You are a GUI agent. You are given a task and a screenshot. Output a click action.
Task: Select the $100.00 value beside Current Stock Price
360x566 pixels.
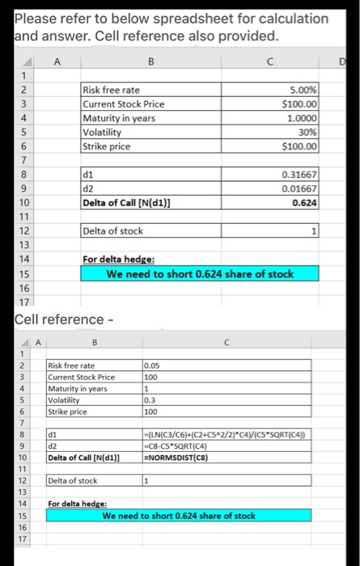coord(299,105)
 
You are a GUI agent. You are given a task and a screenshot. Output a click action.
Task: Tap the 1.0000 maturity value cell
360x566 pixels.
coord(301,118)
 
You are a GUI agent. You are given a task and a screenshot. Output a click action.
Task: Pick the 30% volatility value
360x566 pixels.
coord(307,133)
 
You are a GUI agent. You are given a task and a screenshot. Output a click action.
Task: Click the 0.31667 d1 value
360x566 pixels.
coord(299,175)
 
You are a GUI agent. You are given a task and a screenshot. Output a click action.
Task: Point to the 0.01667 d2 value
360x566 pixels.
coord(299,188)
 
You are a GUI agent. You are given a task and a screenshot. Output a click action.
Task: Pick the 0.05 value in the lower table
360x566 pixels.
coord(152,365)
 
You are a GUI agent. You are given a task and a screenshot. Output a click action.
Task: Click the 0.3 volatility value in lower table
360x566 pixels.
coord(150,399)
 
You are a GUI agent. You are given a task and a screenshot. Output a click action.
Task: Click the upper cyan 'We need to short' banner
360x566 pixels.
coord(200,274)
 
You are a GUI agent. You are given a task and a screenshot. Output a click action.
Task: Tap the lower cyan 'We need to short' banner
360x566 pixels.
coord(178,515)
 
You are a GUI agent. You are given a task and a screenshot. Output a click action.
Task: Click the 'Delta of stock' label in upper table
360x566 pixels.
coord(113,231)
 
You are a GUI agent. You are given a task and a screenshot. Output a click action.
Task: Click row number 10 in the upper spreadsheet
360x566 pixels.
coord(24,202)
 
